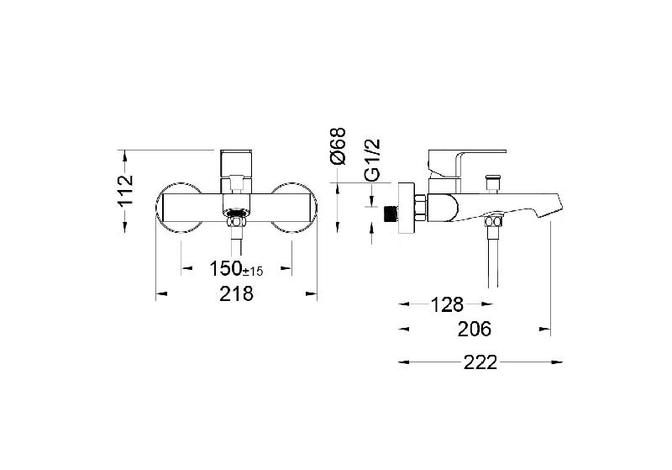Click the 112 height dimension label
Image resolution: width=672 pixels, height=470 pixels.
tap(125, 191)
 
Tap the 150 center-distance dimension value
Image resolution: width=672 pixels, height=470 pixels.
tap(225, 269)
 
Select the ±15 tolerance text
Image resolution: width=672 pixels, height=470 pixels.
tap(253, 271)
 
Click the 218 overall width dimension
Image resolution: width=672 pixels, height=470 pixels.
tap(236, 293)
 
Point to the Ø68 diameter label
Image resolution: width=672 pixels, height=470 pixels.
tap(338, 145)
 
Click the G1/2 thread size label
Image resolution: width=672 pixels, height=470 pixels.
tap(372, 160)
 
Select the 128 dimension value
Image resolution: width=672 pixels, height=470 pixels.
tap(447, 305)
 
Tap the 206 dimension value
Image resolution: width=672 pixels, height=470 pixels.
tap(475, 330)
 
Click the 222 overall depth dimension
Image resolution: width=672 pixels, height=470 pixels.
tap(480, 362)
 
